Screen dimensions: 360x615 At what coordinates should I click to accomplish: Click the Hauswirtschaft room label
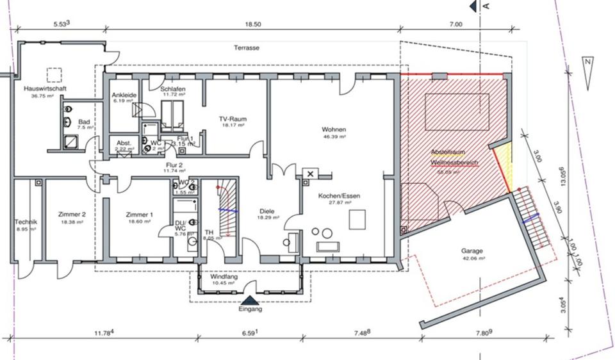(x=45, y=88)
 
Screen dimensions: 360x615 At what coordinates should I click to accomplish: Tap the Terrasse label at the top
(x=247, y=48)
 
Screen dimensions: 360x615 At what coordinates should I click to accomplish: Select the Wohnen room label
(x=334, y=129)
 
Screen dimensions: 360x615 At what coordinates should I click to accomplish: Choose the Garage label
(x=471, y=251)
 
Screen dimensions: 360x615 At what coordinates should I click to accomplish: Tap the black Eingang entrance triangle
(x=250, y=299)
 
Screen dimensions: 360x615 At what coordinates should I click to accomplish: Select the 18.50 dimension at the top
(x=254, y=24)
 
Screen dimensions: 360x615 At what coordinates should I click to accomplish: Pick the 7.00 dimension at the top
(x=455, y=24)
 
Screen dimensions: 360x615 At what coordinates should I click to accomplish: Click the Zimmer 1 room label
(x=139, y=214)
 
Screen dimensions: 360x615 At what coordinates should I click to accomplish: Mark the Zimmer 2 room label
(x=70, y=214)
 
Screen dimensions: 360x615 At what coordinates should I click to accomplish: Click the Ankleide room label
(x=122, y=94)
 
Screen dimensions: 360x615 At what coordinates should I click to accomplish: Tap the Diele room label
(x=266, y=211)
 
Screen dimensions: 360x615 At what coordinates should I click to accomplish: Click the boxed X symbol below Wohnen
(x=311, y=174)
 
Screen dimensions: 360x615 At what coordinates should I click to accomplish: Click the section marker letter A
(x=486, y=6)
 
